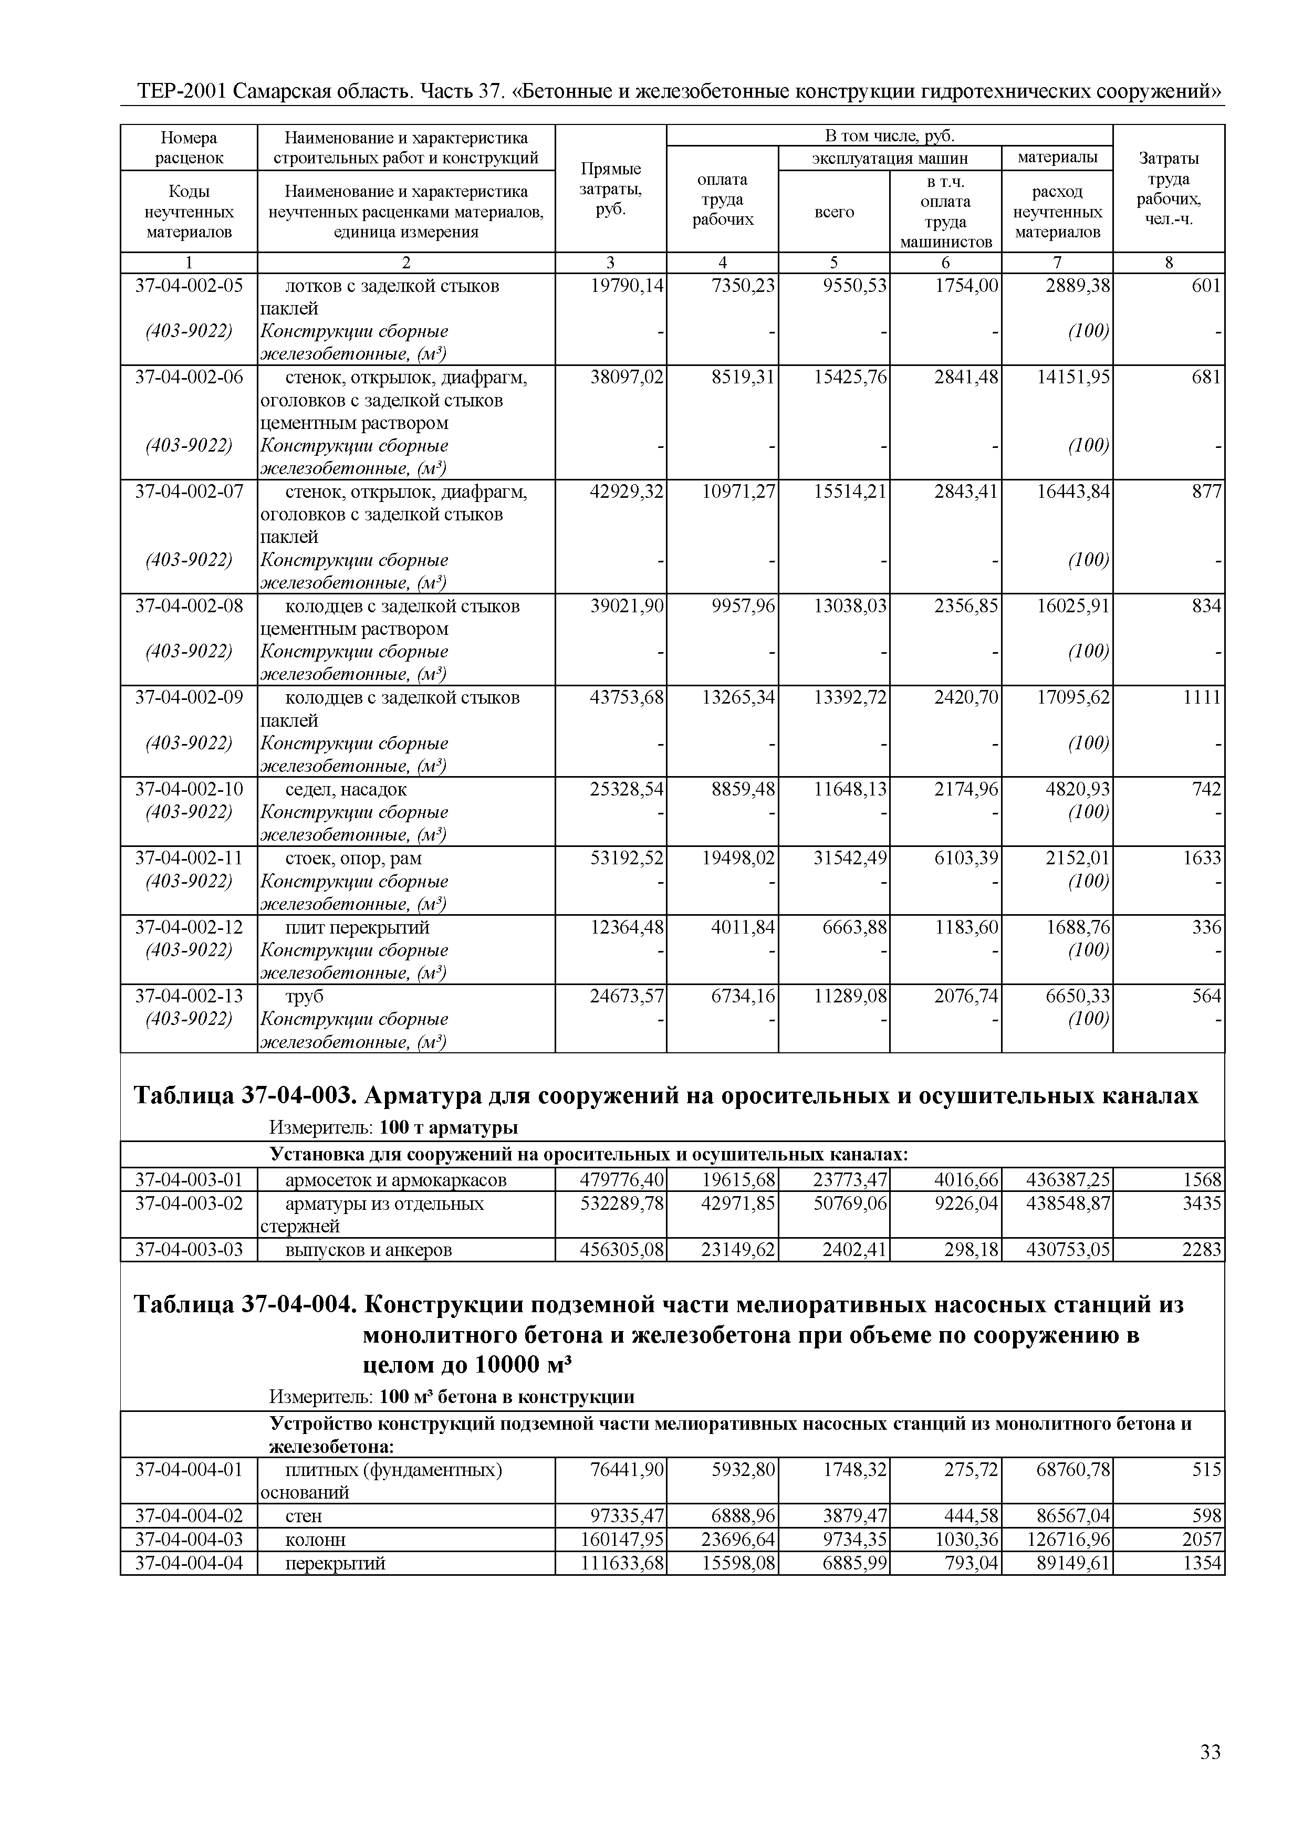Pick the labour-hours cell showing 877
pos(1206,491)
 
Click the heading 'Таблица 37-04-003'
pos(241,1096)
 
